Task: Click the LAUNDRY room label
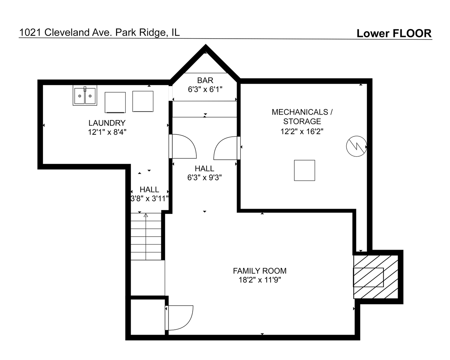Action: [x=107, y=123]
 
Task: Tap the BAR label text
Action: [x=205, y=80]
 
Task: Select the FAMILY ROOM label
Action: [x=260, y=271]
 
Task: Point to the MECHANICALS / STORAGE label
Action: [x=302, y=117]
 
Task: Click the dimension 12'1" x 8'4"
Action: [x=107, y=132]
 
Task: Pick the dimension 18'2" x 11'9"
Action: [x=260, y=280]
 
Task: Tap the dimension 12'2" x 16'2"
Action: [x=302, y=132]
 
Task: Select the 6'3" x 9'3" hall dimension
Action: [x=205, y=178]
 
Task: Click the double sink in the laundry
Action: [x=85, y=95]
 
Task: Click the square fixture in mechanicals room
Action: [x=304, y=170]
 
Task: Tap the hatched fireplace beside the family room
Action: [x=376, y=277]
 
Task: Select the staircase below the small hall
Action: [x=146, y=237]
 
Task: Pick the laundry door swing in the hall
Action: [x=183, y=146]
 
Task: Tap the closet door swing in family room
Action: [x=179, y=318]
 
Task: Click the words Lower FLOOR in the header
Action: [x=394, y=33]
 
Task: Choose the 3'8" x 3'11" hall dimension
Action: [x=150, y=199]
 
